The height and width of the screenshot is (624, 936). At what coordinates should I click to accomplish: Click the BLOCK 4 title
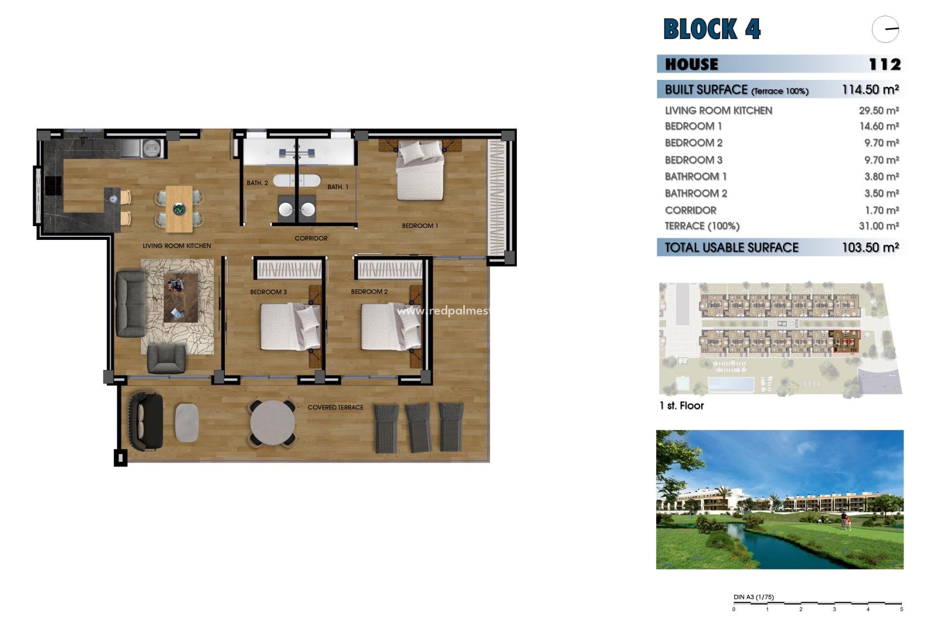click(x=712, y=29)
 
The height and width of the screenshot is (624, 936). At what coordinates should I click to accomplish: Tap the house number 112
click(x=884, y=64)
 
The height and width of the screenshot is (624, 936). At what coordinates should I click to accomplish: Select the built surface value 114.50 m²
click(x=870, y=90)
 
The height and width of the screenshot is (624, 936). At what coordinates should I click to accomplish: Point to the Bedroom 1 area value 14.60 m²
click(x=879, y=126)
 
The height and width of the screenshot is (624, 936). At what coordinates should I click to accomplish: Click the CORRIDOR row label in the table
click(x=690, y=211)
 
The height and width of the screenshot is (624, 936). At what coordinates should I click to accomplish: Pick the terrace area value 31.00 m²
click(x=879, y=226)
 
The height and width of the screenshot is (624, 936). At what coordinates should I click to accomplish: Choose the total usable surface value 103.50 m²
click(x=870, y=248)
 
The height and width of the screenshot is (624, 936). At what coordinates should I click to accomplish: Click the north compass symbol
click(x=885, y=29)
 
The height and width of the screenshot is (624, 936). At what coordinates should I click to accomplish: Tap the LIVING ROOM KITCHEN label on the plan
click(x=176, y=246)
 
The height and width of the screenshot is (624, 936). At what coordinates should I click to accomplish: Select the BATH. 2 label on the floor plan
click(x=257, y=183)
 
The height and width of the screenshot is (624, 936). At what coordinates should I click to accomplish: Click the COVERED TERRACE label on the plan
click(x=335, y=408)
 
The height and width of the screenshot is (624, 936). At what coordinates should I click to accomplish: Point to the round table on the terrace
click(x=273, y=422)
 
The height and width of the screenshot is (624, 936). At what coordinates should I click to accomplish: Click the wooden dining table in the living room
click(x=179, y=209)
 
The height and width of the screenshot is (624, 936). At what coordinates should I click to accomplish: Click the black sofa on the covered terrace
click(x=146, y=421)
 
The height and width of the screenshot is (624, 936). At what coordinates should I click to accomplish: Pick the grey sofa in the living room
click(x=131, y=304)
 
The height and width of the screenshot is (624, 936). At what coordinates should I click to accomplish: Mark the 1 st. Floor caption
click(x=681, y=406)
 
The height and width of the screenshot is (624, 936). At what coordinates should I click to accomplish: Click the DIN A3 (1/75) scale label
click(x=753, y=597)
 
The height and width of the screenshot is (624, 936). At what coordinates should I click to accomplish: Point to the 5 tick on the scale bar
click(x=901, y=609)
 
